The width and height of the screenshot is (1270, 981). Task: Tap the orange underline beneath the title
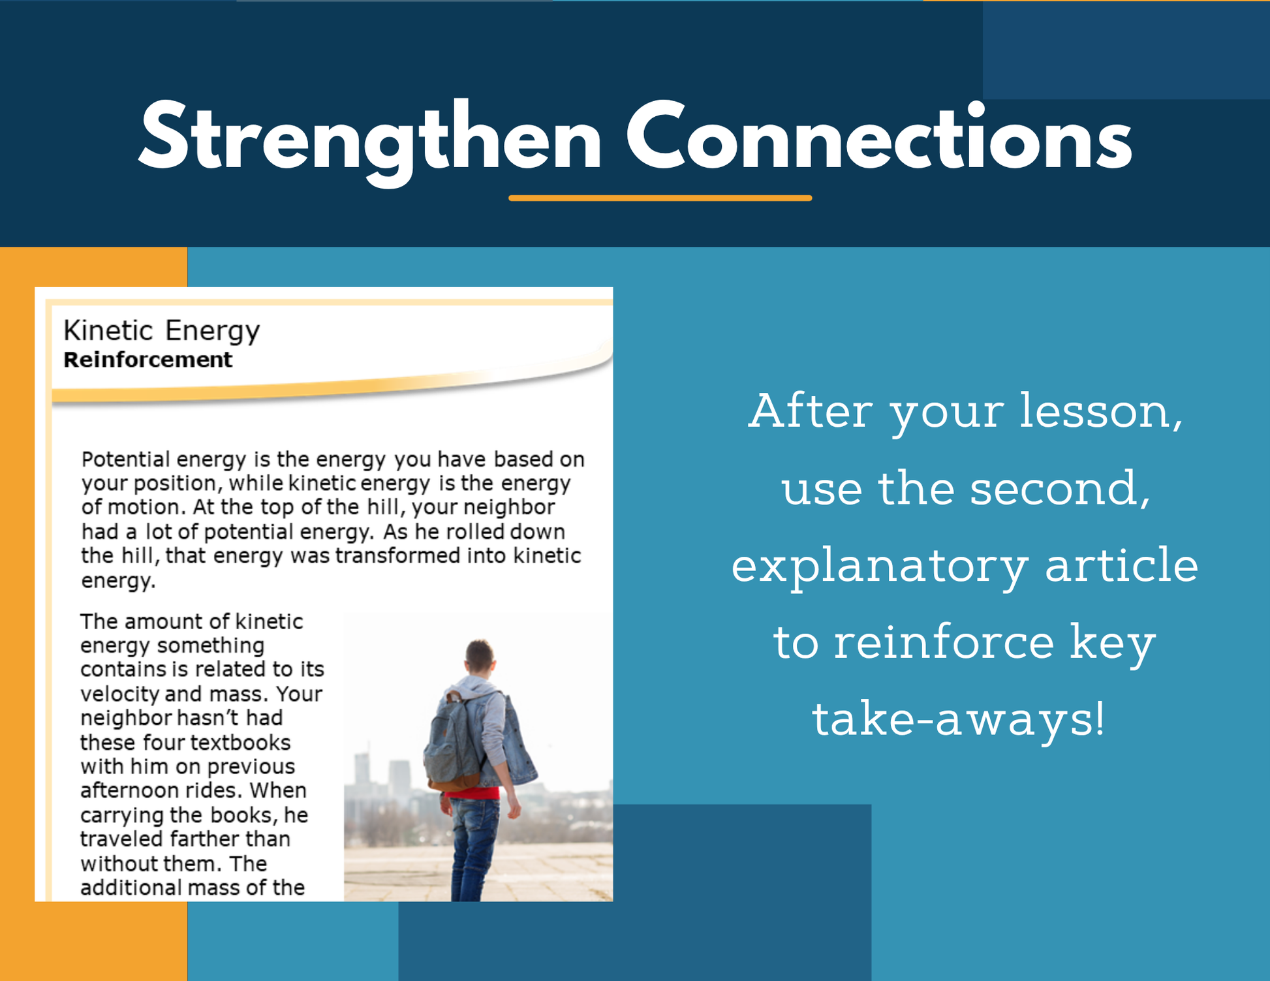[660, 198]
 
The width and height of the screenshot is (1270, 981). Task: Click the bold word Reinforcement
[147, 360]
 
